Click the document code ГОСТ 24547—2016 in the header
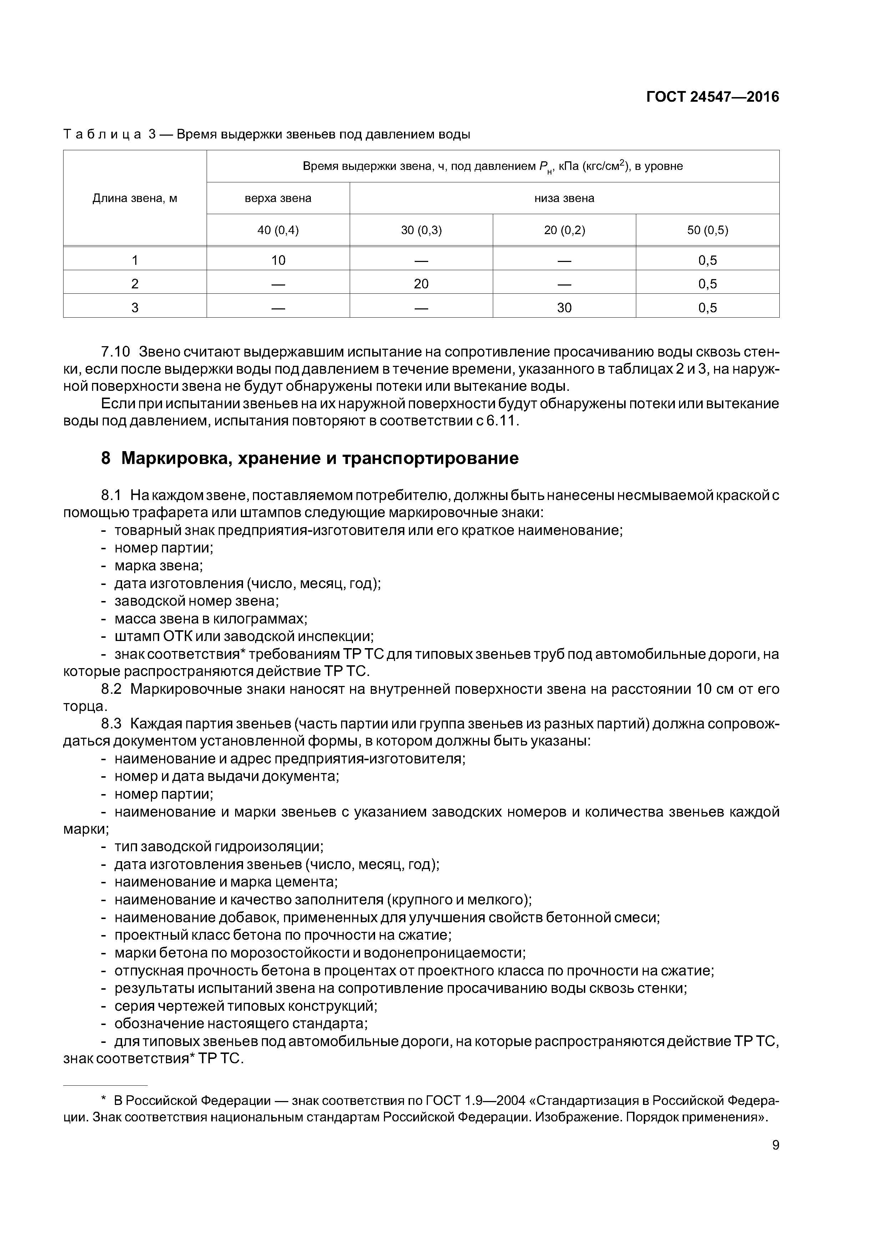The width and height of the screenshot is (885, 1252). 712,97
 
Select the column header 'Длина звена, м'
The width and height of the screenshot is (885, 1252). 135,198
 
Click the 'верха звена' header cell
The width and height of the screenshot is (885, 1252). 278,198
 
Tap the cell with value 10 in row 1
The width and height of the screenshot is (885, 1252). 278,260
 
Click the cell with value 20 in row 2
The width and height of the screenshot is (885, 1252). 421,283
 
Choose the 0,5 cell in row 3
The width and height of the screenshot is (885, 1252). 707,308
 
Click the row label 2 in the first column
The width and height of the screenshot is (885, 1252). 135,283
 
